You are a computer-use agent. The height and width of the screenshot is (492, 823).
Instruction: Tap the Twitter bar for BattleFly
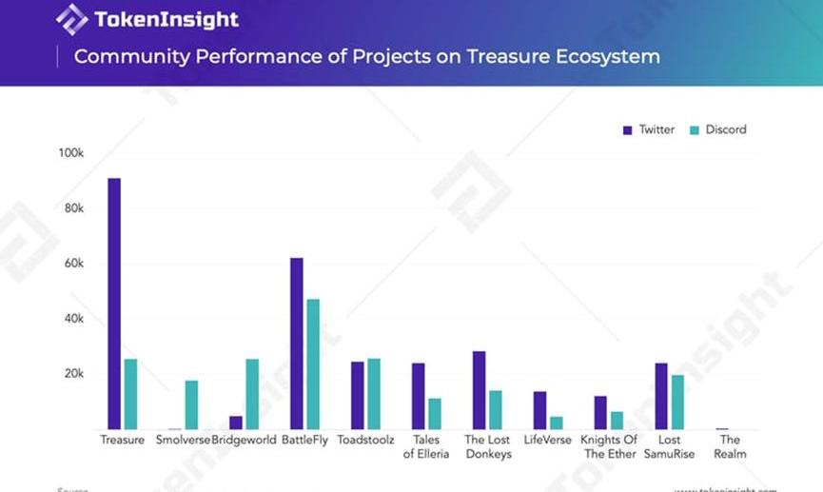tap(297, 344)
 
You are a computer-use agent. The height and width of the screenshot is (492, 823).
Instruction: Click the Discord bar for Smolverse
tap(191, 404)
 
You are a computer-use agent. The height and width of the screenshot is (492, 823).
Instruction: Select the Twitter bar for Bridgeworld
tap(236, 423)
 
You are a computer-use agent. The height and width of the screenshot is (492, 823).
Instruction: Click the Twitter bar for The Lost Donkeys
tap(480, 390)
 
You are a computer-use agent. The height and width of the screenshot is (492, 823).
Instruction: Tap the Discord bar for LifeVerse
tap(557, 423)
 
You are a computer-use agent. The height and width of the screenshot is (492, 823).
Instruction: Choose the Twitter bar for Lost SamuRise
tap(662, 396)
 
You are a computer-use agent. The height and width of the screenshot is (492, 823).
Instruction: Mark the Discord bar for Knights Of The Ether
tap(617, 420)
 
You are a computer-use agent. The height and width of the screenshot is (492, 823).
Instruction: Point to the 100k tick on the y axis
tap(72, 153)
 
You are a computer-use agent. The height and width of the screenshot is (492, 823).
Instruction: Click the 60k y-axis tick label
tap(74, 264)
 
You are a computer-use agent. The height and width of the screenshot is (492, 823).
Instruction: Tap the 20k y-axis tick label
tap(74, 374)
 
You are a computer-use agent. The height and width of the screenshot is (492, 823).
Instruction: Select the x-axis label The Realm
tap(730, 447)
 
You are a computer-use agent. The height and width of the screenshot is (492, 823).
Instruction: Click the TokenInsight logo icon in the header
tap(71, 19)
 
